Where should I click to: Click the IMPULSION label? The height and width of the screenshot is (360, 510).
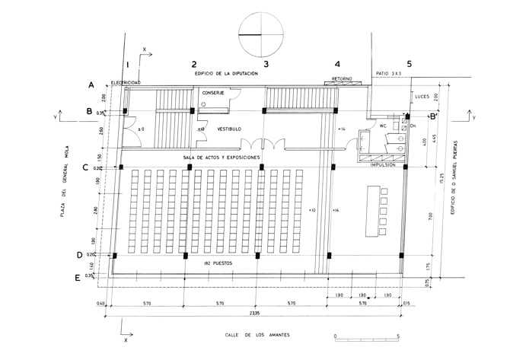381,164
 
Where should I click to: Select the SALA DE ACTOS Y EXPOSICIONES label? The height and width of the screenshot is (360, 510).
222,157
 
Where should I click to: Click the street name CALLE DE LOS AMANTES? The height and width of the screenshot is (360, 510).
257,335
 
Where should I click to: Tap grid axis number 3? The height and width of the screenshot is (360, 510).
265,64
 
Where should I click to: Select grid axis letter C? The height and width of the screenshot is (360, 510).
91,165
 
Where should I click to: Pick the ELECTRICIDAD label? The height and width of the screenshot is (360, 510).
126,82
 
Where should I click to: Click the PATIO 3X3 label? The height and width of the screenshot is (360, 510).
390,74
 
